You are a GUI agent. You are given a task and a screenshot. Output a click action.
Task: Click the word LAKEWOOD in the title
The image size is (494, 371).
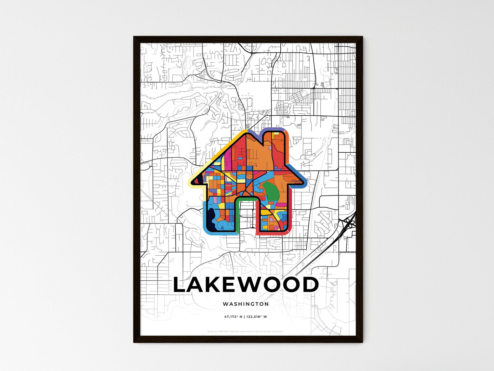coord(246,285)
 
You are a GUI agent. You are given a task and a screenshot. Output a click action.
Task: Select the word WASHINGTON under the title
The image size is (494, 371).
coord(246,304)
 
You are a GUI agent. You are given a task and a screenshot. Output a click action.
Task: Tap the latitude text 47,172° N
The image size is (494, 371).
coord(233,317)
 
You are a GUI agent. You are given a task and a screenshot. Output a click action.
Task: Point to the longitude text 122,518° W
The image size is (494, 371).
coord(256,317)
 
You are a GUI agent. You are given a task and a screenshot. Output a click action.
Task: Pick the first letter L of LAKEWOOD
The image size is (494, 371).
coord(180,285)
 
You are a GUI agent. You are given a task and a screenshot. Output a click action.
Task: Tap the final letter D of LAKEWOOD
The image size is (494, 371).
coord(310,285)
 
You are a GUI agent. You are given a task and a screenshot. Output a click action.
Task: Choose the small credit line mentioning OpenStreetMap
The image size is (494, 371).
coord(246,331)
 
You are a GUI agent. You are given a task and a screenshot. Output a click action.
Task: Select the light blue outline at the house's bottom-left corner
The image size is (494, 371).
coord(205,226)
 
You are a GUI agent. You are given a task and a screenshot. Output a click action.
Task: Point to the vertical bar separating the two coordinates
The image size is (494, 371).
coord(245,317)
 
